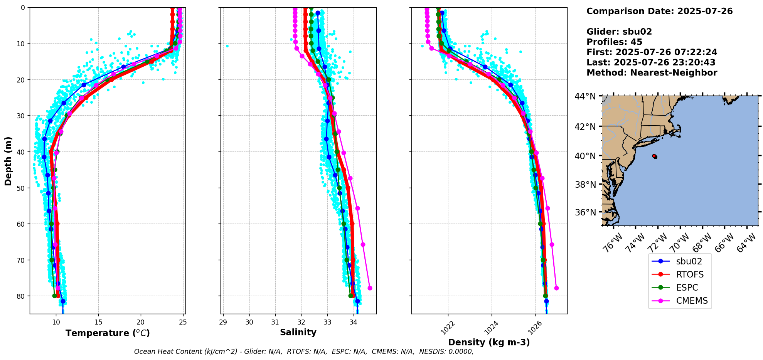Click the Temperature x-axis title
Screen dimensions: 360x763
pyautogui.click(x=108, y=333)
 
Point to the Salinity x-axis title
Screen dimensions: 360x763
pyautogui.click(x=298, y=332)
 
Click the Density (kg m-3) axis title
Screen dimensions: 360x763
pyautogui.click(x=489, y=342)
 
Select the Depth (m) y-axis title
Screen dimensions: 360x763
pyautogui.click(x=8, y=161)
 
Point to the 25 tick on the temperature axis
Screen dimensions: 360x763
pyautogui.click(x=183, y=322)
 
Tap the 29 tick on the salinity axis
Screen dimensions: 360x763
pyautogui.click(x=223, y=322)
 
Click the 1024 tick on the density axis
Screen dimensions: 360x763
pyautogui.click(x=491, y=327)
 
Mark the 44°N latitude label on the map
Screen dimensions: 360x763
pyautogui.click(x=585, y=96)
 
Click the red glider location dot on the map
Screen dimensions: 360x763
pyautogui.click(x=655, y=156)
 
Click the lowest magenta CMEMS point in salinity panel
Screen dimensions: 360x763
pyautogui.click(x=370, y=288)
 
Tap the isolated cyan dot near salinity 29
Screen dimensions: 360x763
pyautogui.click(x=227, y=46)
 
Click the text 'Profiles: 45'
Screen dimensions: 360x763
pyautogui.click(x=614, y=42)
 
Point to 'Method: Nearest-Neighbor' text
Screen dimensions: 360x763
pyautogui.click(x=652, y=73)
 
